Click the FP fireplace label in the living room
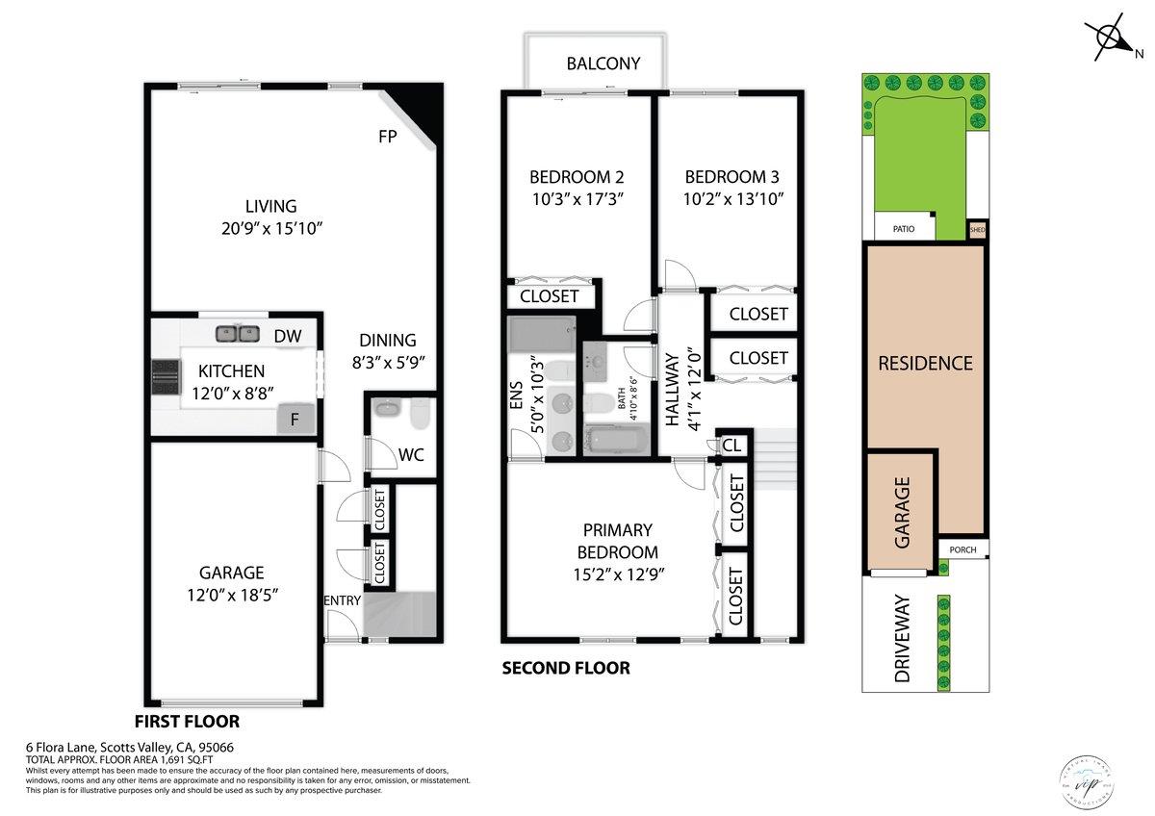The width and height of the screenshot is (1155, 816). point(388,137)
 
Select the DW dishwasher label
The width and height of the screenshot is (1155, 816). point(287,336)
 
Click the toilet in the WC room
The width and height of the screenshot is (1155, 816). point(419,414)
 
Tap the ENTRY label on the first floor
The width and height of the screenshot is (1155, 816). point(342,600)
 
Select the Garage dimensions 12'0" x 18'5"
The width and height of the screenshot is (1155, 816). point(232,594)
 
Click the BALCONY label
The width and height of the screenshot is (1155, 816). point(603,64)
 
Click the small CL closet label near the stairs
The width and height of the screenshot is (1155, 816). point(731,446)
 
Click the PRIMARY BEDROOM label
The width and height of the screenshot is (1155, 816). point(617,541)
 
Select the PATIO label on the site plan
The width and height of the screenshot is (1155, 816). point(902,229)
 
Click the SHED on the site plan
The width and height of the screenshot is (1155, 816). point(978,230)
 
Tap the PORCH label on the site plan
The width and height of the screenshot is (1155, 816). point(962,550)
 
